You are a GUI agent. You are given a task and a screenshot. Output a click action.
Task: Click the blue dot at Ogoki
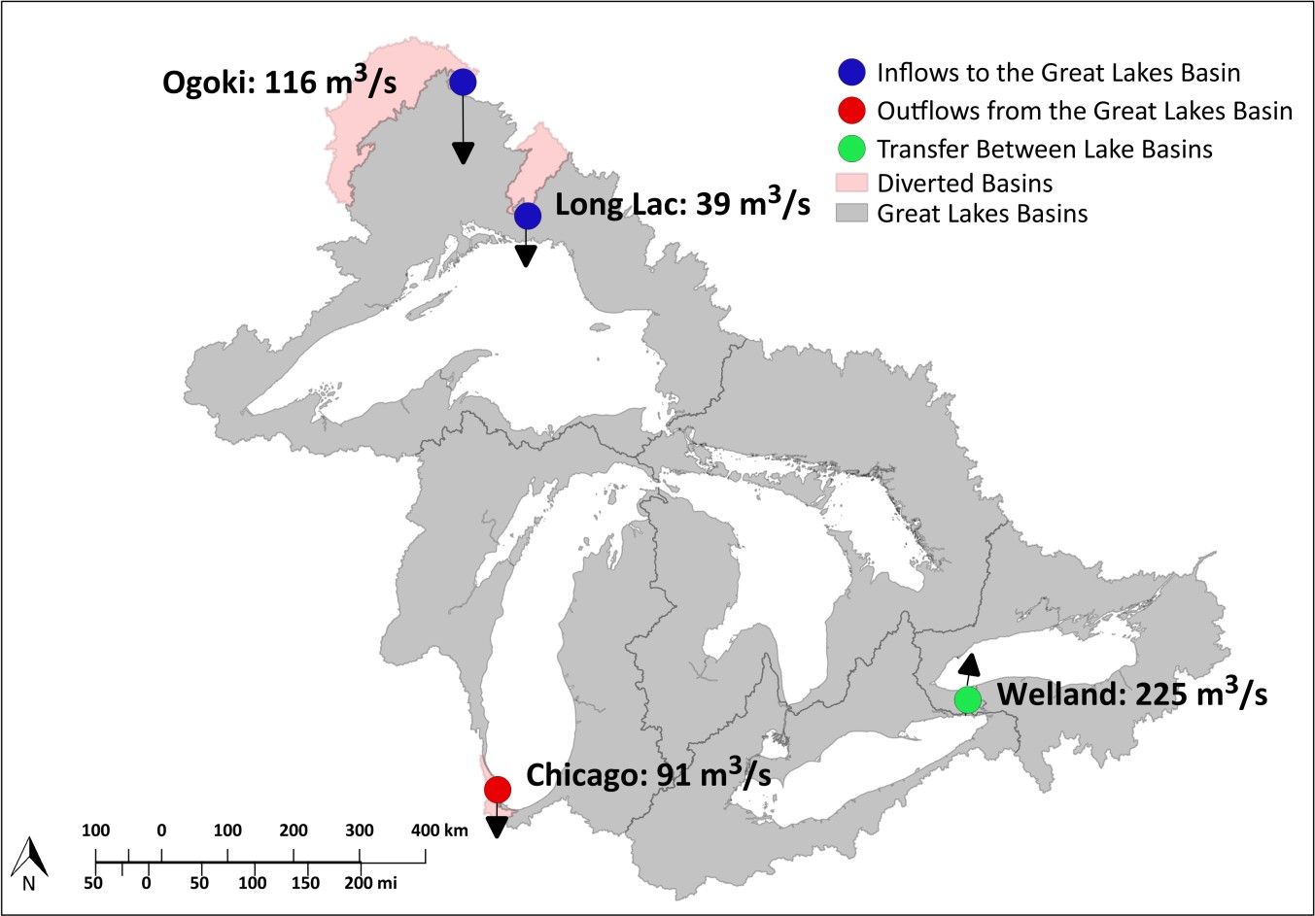(463, 82)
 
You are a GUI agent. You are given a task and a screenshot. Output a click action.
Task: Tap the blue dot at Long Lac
(527, 216)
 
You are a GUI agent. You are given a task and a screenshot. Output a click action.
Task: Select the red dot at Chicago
(497, 789)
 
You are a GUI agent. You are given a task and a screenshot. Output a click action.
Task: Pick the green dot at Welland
(967, 698)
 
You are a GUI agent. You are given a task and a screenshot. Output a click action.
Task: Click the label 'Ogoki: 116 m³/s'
(279, 82)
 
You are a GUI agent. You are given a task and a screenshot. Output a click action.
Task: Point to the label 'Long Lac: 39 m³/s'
(682, 205)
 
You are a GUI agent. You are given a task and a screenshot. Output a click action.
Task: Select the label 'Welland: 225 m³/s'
(1132, 694)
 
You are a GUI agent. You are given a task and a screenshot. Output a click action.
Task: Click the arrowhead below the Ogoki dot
(463, 153)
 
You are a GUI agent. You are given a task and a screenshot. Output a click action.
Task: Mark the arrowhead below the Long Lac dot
(526, 255)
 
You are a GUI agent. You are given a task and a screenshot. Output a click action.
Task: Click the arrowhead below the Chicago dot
(497, 827)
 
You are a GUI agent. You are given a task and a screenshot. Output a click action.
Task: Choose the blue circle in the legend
(851, 73)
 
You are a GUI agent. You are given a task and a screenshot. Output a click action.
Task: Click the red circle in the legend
(851, 111)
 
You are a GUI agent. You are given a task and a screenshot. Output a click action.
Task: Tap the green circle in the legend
(851, 149)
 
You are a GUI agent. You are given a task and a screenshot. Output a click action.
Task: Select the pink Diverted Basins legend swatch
(851, 183)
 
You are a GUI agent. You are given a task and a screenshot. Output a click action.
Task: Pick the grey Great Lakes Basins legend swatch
(851, 214)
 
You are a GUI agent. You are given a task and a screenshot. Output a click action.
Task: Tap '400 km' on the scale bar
(438, 831)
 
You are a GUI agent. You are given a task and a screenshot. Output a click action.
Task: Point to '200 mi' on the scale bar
(370, 883)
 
